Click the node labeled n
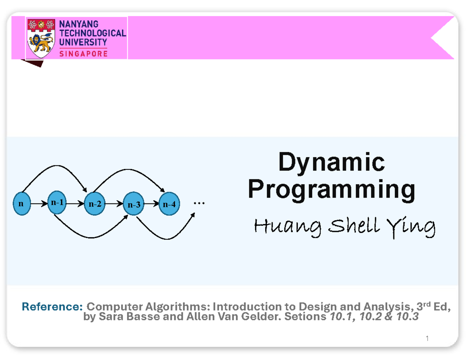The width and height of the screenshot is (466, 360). [x=22, y=203]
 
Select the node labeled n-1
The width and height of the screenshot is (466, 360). [x=57, y=202]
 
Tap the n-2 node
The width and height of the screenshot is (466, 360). [x=95, y=203]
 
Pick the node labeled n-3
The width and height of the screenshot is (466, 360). [x=134, y=203]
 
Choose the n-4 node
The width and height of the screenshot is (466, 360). [x=169, y=203]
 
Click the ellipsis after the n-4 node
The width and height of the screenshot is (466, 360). [x=199, y=203]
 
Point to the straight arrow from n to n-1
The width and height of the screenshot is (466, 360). [x=39, y=203]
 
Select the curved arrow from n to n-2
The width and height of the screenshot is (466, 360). [x=56, y=165]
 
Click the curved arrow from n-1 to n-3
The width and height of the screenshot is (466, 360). [x=91, y=237]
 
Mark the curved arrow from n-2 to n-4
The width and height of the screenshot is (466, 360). [x=128, y=169]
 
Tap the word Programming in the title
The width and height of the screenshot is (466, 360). [x=331, y=190]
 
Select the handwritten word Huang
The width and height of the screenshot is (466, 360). [x=287, y=227]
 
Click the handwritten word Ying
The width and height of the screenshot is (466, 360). [x=411, y=228]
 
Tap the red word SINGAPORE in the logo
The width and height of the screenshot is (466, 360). [x=83, y=54]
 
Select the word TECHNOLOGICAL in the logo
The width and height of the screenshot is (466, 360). [x=93, y=33]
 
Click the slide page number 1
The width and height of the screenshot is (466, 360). [x=427, y=338]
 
